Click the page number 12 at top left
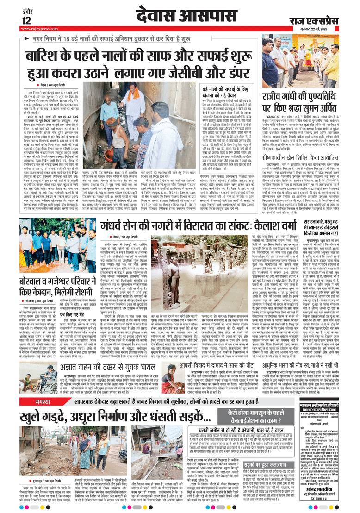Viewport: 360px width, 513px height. (x=26, y=20)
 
